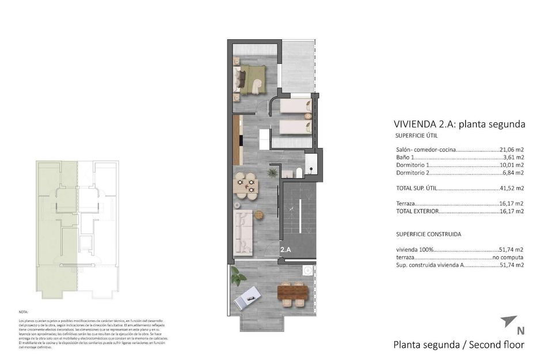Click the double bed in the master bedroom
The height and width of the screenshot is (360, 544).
pos(252,78)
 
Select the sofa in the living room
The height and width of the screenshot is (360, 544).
pos(245,233)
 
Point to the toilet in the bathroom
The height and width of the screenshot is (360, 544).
pos(300,172)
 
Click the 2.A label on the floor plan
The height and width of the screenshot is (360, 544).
pos(286,250)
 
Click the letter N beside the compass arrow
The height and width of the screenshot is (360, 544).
pos(520,331)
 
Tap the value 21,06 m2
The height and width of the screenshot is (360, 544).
pos(512,149)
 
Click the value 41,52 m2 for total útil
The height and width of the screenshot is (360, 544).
pos(512,188)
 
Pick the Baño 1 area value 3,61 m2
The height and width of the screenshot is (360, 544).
pos(513,157)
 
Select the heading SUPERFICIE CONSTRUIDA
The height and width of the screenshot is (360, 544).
pos(428,234)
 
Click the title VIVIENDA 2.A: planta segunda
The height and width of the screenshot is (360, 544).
pos(459,124)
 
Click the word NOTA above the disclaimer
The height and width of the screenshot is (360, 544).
pos(23,311)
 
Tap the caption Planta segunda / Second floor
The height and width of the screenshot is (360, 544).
pos(459,345)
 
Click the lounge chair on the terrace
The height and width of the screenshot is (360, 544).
pos(249,297)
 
